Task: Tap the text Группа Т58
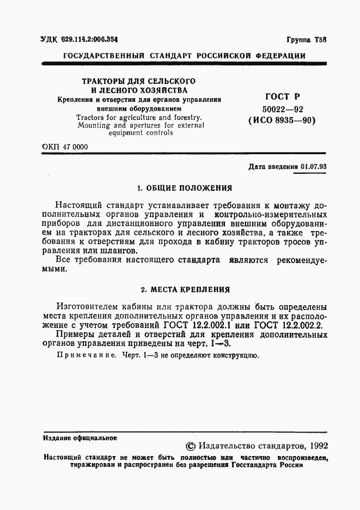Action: coord(307,40)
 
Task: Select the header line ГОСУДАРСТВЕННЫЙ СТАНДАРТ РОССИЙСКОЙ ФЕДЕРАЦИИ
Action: coord(185,56)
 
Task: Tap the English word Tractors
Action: coord(93,117)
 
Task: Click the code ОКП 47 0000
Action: coord(64,147)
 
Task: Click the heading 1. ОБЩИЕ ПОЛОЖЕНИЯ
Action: coord(184,188)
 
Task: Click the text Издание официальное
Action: coord(80,437)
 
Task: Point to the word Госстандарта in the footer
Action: coord(255,466)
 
